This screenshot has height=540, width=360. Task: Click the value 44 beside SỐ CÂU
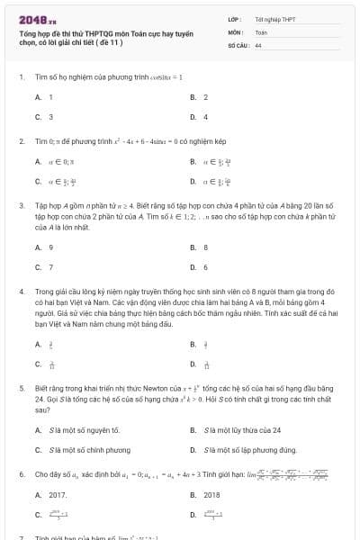(x=258, y=44)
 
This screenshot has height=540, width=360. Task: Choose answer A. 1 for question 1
(x=44, y=97)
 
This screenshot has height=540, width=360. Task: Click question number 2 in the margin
(x=21, y=141)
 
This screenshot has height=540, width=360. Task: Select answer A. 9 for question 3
(x=44, y=247)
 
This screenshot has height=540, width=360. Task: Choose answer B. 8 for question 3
(x=199, y=247)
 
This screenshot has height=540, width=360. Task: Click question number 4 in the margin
(x=21, y=292)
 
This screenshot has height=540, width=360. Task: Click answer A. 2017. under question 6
(x=50, y=495)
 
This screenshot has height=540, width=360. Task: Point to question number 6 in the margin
(x=21, y=473)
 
